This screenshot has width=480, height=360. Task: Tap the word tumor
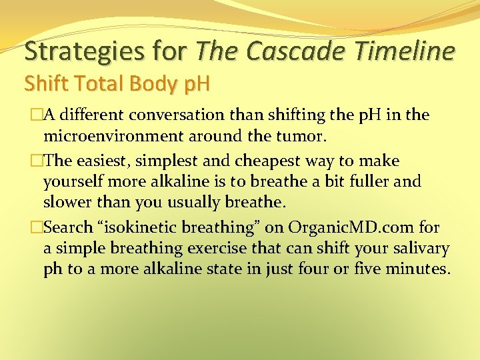308,137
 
